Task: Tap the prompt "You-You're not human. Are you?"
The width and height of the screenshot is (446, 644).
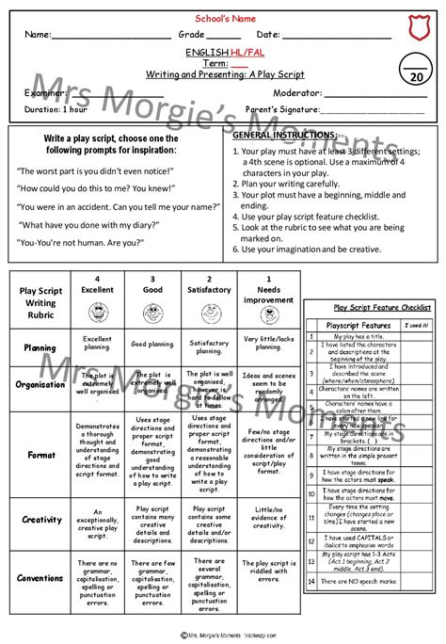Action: (x=81, y=243)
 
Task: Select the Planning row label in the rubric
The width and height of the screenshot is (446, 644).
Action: (x=39, y=347)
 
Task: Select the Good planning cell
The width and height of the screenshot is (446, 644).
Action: (x=152, y=344)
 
